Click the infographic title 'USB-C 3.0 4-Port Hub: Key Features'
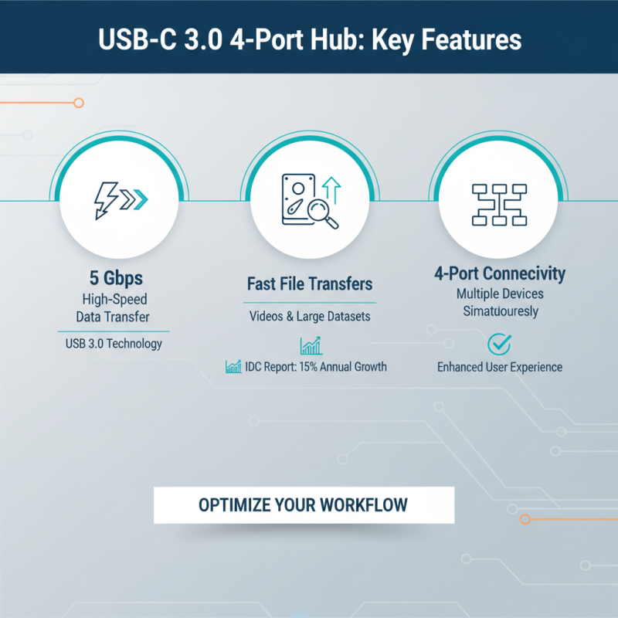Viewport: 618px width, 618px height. click(309, 39)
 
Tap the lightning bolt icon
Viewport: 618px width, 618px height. click(106, 199)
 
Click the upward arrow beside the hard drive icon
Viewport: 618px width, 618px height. click(332, 188)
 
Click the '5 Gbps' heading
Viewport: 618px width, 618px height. click(114, 277)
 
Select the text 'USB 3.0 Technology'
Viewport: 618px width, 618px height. click(114, 343)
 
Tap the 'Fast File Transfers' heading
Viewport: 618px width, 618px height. click(308, 284)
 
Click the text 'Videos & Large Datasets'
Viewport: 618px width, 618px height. click(309, 316)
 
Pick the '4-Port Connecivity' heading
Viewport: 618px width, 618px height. click(499, 273)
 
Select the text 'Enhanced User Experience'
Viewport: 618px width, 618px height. click(499, 367)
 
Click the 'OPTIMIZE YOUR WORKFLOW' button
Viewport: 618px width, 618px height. click(304, 505)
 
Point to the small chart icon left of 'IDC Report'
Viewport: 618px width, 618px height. click(233, 366)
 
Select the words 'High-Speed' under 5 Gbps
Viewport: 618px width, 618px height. click(114, 298)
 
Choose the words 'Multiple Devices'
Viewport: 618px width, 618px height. click(499, 294)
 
